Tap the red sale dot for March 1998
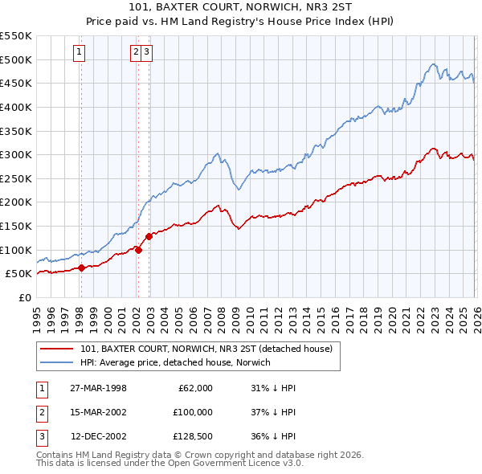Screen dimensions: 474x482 81,268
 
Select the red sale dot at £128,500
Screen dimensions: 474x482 149,236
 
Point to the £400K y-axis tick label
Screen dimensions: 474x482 16,107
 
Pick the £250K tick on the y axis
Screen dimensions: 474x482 16,178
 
